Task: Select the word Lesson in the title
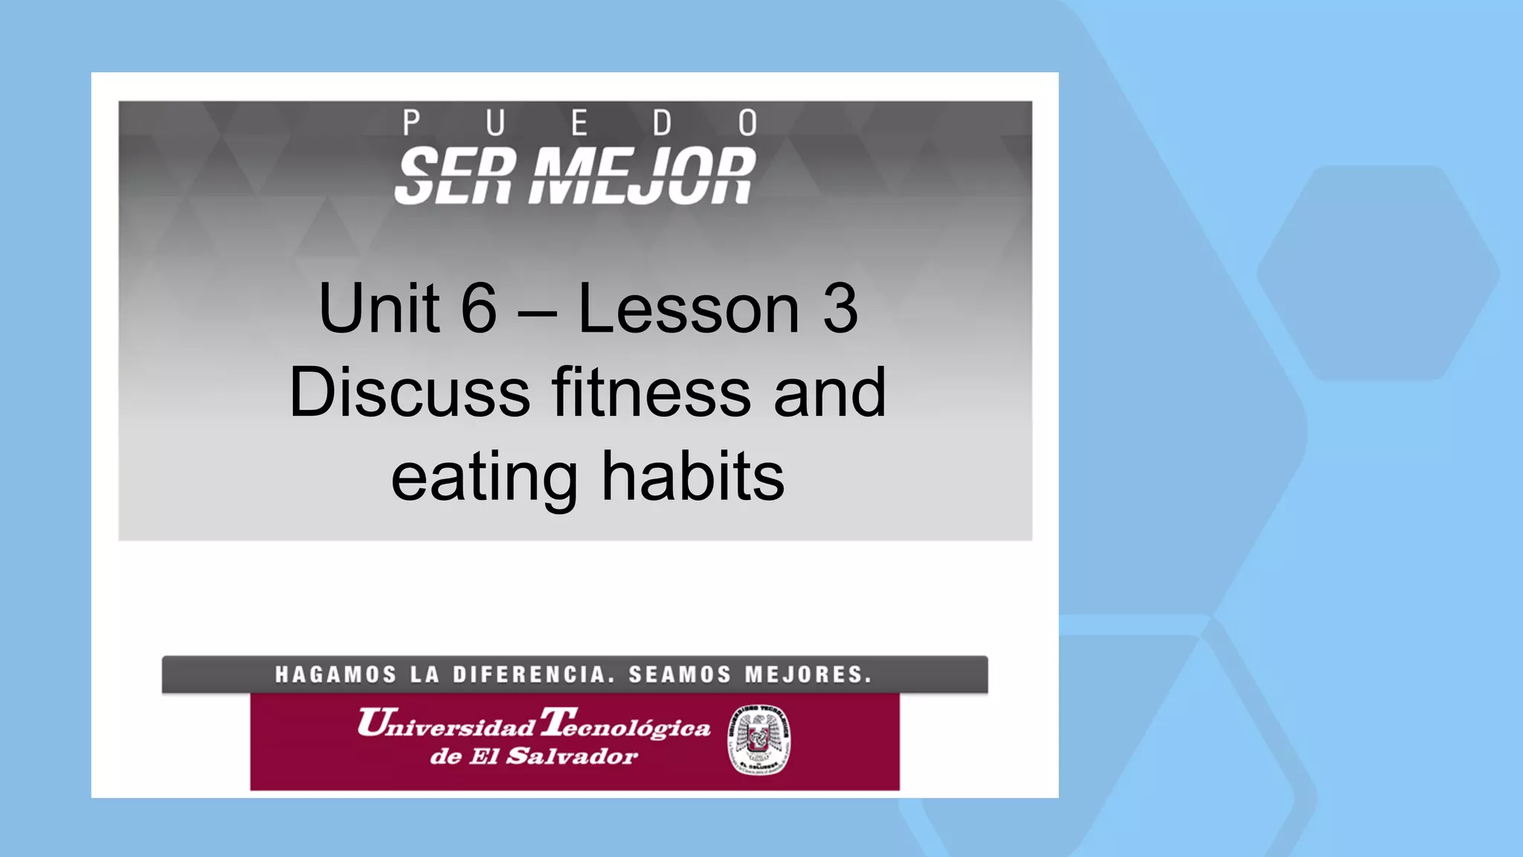point(689,309)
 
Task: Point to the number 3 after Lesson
point(840,309)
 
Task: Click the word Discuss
point(410,393)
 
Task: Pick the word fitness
point(651,393)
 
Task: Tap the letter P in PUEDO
point(411,123)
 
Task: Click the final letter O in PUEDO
point(748,123)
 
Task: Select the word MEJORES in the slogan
point(808,675)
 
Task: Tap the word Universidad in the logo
point(446,724)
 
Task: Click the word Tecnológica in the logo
point(625,724)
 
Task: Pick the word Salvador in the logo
point(572,757)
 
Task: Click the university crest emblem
point(759,740)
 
